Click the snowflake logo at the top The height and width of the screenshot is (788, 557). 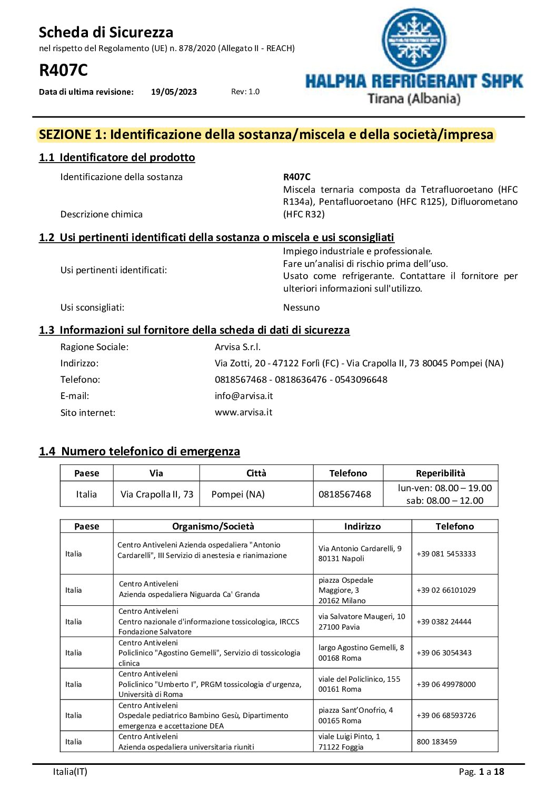click(x=414, y=40)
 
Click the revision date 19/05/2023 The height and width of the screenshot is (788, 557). click(x=174, y=92)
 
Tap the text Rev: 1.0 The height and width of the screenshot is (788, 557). click(x=245, y=92)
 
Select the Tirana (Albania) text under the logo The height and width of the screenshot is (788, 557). click(x=414, y=98)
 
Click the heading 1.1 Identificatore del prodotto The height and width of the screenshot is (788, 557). click(x=117, y=157)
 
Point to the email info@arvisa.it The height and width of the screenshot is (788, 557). click(x=244, y=396)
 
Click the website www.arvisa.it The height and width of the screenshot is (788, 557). click(x=244, y=412)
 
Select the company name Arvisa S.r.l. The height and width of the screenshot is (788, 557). click(x=237, y=347)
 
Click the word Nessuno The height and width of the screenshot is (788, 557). click(x=301, y=307)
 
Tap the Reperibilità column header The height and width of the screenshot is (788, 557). click(x=440, y=473)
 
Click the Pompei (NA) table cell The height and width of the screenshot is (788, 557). click(x=238, y=494)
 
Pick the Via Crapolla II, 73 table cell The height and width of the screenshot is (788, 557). click(x=157, y=494)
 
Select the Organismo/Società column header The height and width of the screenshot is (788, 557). click(x=213, y=526)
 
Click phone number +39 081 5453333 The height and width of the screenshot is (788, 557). click(x=446, y=554)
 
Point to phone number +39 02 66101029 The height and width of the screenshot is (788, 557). click(x=446, y=590)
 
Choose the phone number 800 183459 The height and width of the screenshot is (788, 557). click(x=436, y=742)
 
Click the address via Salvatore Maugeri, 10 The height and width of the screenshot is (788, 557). click(x=362, y=616)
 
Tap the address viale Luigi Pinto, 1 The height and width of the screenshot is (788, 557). click(x=349, y=736)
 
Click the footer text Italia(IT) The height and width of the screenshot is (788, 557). click(x=70, y=772)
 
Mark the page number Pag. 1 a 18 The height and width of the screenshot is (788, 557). click(x=481, y=772)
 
